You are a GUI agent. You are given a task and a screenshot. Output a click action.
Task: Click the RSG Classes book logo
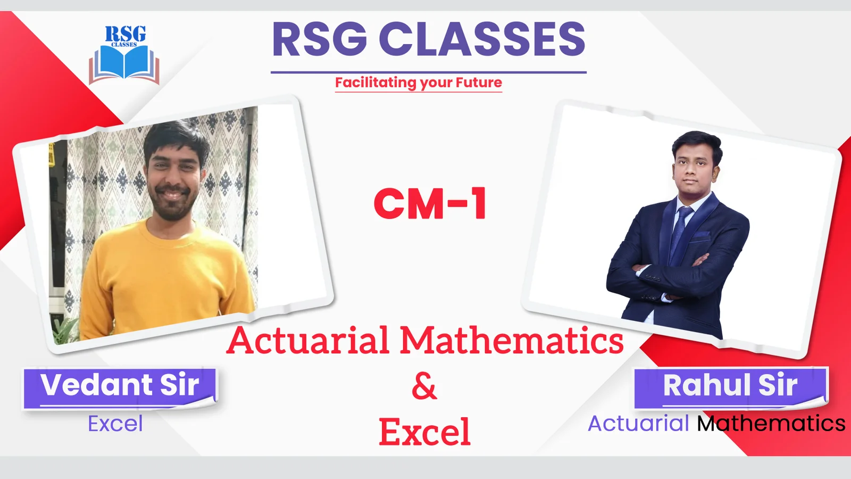tap(124, 55)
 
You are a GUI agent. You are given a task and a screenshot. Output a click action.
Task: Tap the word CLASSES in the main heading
tap(482, 39)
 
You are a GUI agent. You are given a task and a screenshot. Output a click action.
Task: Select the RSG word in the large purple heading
tap(320, 39)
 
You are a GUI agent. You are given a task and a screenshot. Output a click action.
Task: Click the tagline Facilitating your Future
tap(418, 83)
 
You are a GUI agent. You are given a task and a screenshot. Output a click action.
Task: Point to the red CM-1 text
tap(430, 204)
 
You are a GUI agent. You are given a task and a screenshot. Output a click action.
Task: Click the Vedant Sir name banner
tap(120, 388)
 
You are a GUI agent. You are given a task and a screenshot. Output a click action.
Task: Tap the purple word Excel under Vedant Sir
tap(115, 424)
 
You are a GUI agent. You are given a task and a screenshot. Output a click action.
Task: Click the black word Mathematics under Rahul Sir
tap(771, 424)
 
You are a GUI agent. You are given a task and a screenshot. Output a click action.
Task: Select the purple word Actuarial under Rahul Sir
tap(638, 424)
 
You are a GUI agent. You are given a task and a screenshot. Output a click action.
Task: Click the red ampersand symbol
tap(424, 386)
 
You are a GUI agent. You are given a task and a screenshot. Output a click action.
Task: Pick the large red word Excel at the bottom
tap(425, 432)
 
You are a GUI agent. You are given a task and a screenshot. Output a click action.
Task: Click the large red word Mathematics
tap(512, 340)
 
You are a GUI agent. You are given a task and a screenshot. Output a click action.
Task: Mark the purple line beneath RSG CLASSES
tap(429, 72)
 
